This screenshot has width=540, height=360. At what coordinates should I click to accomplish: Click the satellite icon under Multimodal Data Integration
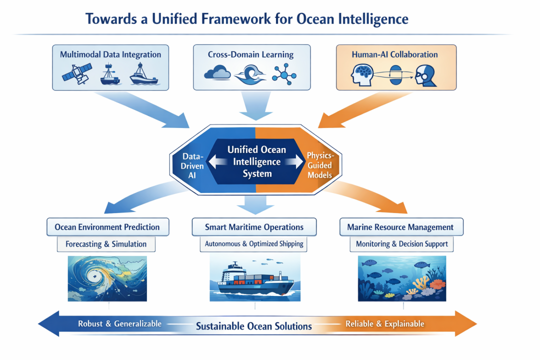(x=77, y=73)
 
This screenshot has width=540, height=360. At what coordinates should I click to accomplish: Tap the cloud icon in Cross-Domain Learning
(x=217, y=72)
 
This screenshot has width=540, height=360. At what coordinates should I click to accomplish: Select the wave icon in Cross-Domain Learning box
(x=250, y=75)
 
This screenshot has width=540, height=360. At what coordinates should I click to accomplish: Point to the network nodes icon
(x=284, y=74)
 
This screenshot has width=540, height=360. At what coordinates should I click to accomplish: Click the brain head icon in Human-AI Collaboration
(x=362, y=75)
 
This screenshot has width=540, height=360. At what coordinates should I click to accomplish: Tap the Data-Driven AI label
(x=192, y=165)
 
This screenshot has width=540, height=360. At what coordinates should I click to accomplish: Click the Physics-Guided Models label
(x=320, y=165)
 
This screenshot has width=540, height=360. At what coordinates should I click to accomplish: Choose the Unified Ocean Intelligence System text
(x=257, y=161)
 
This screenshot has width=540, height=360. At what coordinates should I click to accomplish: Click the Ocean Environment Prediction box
(x=108, y=227)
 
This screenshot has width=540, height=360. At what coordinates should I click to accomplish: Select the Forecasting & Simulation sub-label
(x=106, y=244)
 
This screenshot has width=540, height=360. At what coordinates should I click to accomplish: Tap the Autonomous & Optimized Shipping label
(x=254, y=244)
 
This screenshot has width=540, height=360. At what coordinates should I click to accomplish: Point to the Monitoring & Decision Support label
(x=402, y=244)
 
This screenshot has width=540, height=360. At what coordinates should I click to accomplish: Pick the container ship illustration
(x=255, y=278)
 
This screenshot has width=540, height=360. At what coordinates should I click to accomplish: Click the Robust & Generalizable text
(x=120, y=324)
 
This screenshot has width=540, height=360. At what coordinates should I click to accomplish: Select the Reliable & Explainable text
(x=385, y=324)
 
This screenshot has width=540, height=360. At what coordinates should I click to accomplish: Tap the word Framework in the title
(x=236, y=18)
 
